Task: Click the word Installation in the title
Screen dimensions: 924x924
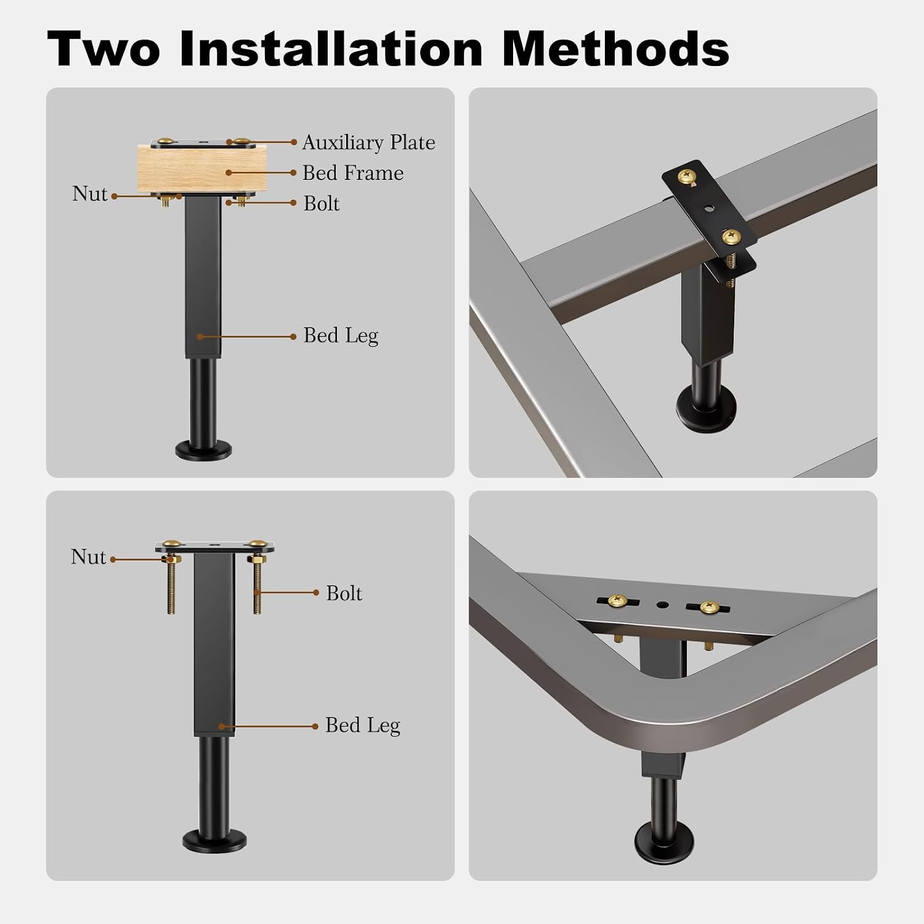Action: point(331,49)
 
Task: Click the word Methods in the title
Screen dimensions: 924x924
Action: point(616,49)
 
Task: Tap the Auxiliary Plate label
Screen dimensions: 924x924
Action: point(368,143)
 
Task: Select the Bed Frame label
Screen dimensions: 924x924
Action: point(353,173)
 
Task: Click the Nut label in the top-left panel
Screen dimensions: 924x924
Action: point(90,194)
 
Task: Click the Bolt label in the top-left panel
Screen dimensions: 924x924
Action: point(322,204)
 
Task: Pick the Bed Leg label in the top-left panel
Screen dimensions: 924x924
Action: point(341,336)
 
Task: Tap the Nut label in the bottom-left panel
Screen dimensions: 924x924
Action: point(89,557)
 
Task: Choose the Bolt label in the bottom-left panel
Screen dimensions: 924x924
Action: point(344,593)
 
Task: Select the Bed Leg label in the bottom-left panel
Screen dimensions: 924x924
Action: point(363,726)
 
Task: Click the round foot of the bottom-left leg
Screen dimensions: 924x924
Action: point(214,841)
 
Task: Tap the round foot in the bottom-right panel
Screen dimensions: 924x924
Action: point(664,841)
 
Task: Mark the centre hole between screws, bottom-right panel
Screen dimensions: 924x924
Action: point(662,605)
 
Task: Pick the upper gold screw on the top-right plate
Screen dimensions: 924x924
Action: point(685,178)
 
